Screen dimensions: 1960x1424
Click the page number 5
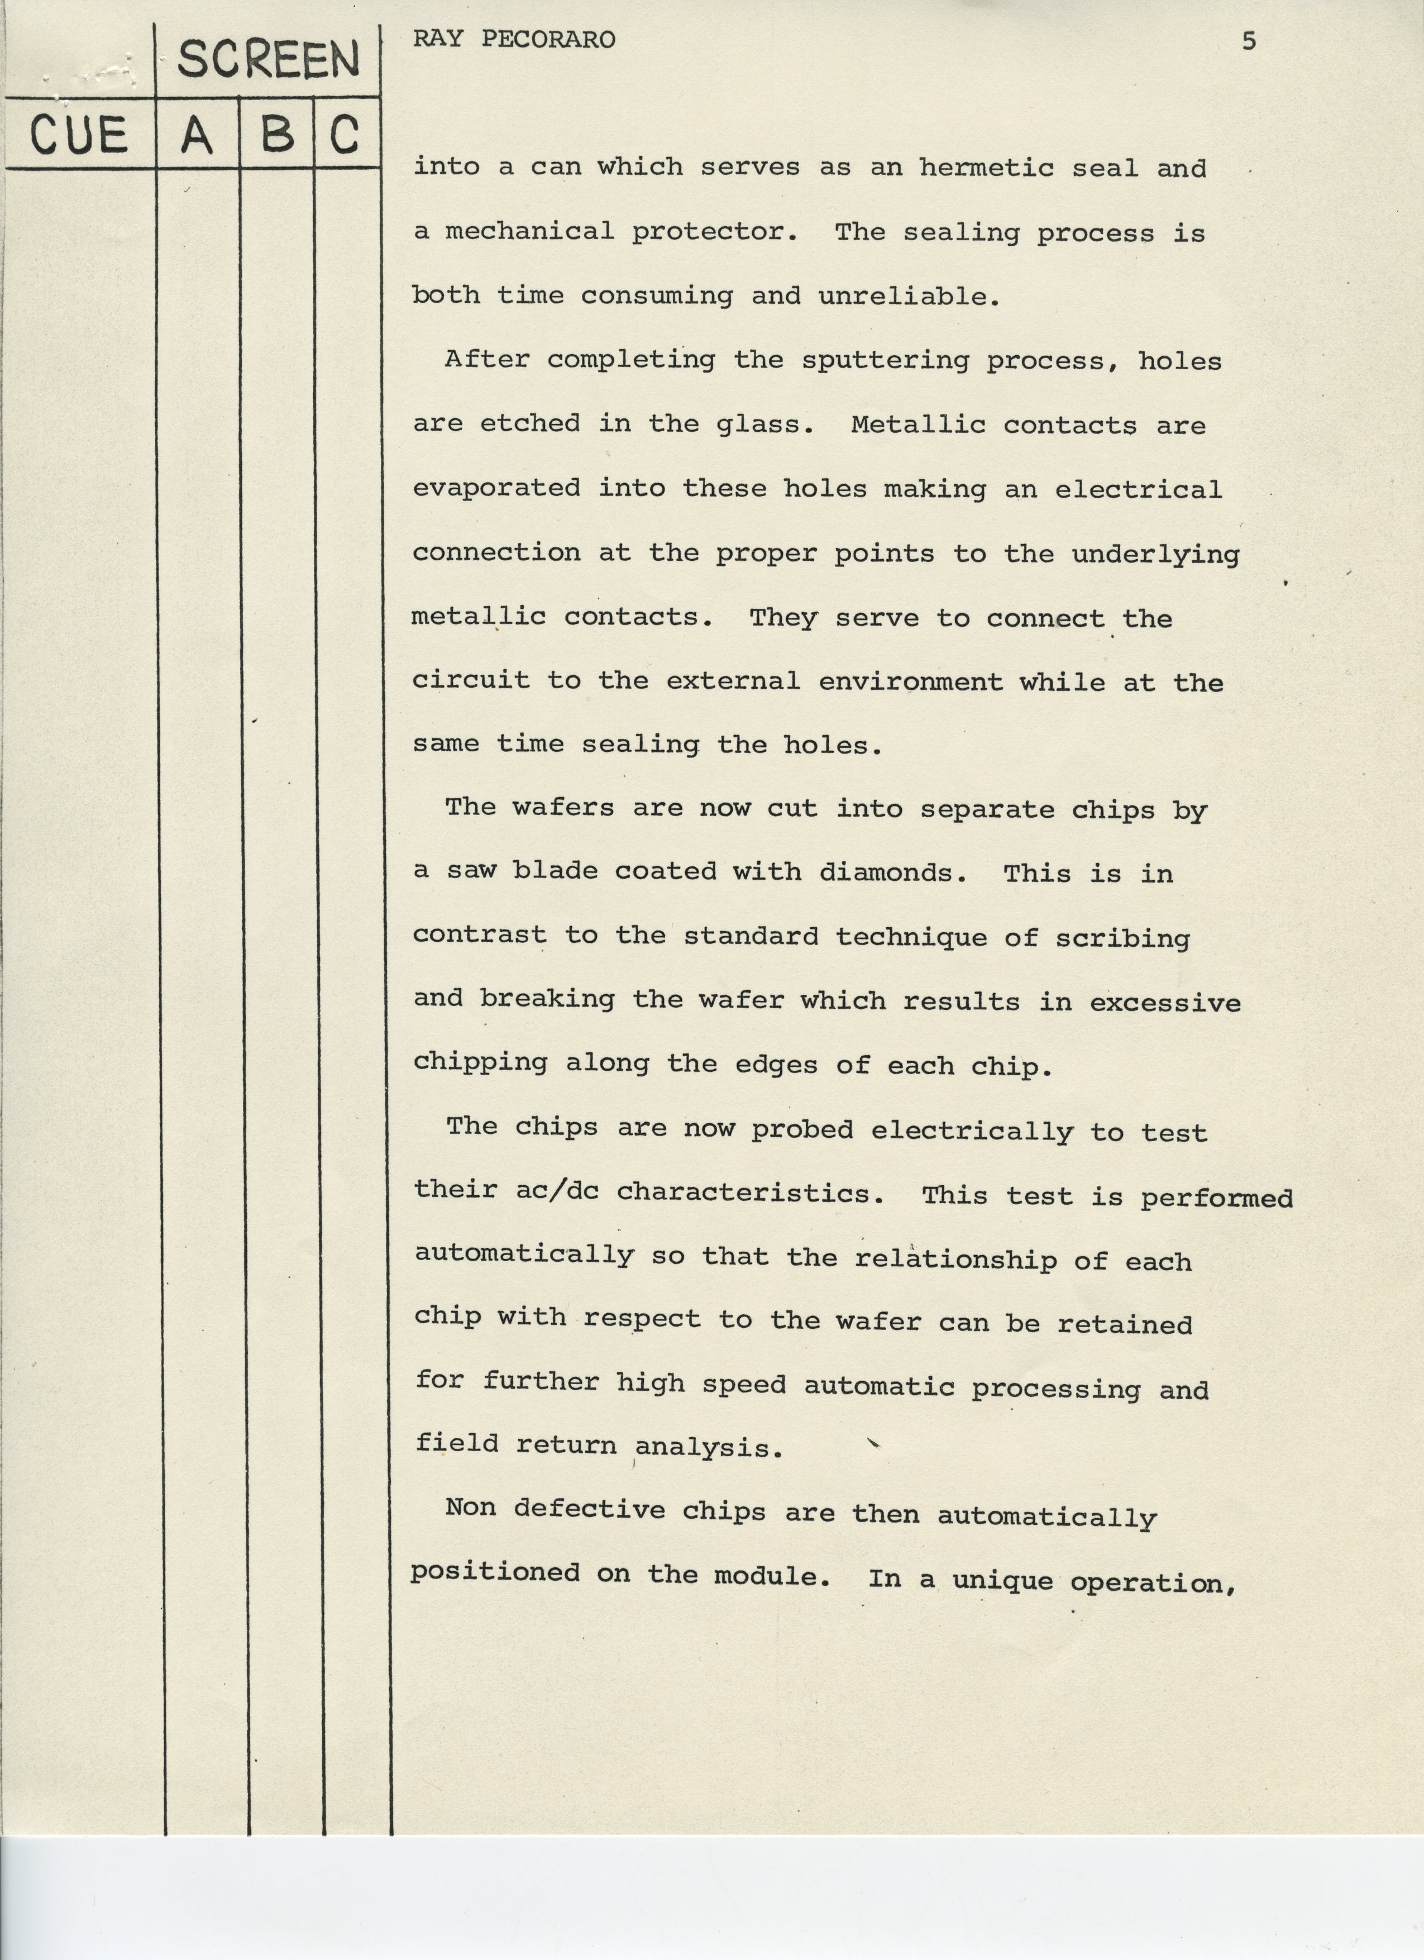(x=1249, y=41)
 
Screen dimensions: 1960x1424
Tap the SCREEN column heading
(x=268, y=60)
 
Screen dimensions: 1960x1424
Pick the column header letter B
(x=276, y=135)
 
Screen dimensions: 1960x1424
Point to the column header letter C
(x=344, y=135)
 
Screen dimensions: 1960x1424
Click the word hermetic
(x=986, y=167)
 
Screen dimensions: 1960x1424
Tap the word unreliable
(x=909, y=297)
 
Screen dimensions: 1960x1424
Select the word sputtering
(x=885, y=360)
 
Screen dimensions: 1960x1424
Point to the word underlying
(x=1155, y=555)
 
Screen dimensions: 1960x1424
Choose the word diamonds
(x=892, y=872)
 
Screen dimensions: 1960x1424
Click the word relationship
(x=955, y=1259)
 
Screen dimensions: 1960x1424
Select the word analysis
(x=709, y=1448)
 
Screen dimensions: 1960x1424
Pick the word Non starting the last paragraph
(x=470, y=1508)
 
